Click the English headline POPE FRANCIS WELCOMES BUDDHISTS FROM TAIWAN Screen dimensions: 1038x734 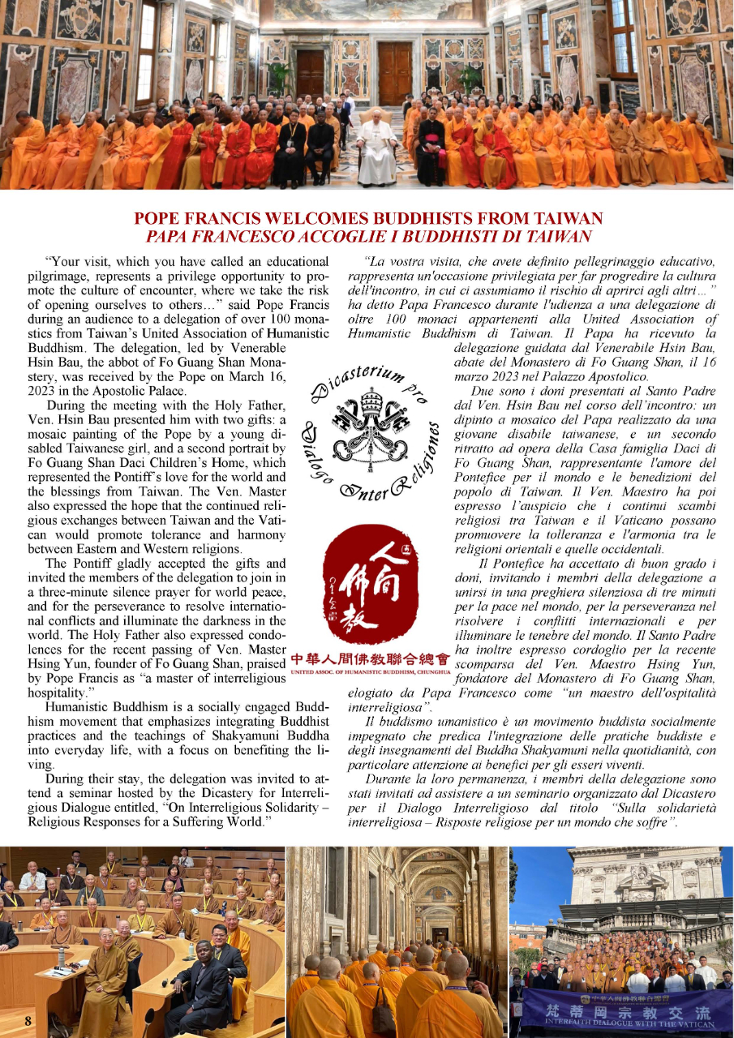(x=368, y=219)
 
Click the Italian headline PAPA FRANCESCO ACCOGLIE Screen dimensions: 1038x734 (x=368, y=237)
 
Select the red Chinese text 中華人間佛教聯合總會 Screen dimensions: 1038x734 (x=370, y=658)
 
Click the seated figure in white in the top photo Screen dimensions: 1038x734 (x=377, y=150)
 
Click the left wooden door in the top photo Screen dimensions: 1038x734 (x=310, y=73)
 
